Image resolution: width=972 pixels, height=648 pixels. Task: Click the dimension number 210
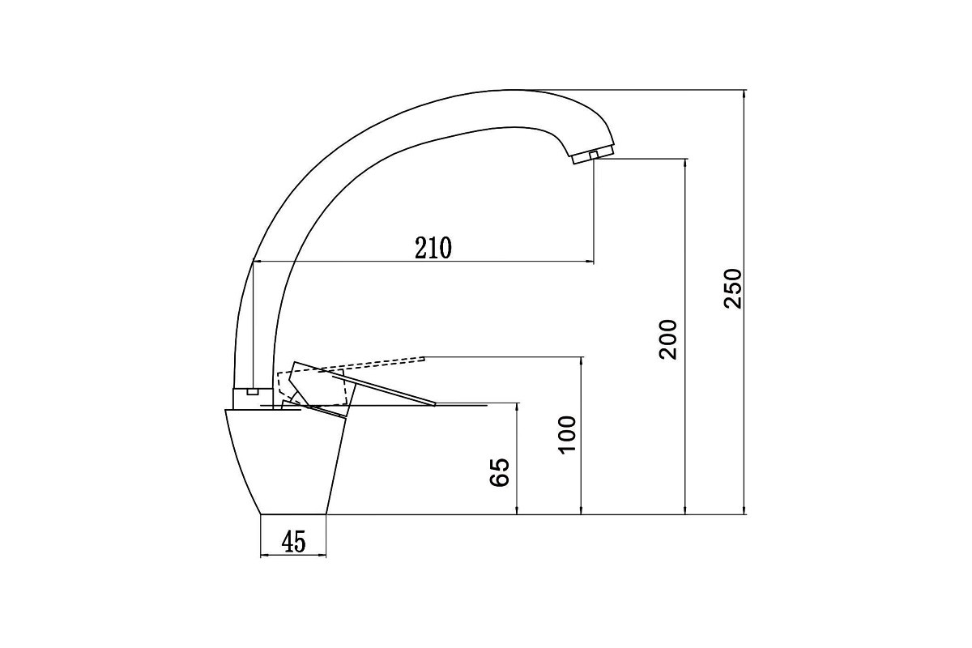(x=433, y=248)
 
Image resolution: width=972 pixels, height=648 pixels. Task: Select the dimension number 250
(x=733, y=288)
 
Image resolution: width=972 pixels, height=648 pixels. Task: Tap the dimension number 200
(x=667, y=339)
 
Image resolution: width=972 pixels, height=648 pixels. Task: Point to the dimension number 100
(x=567, y=435)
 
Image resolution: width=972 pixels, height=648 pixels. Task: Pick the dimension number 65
(x=499, y=472)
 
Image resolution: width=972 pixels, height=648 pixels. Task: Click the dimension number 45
(x=294, y=542)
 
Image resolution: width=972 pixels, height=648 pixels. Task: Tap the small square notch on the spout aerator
(x=594, y=155)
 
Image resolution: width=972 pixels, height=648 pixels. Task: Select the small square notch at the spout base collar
(x=252, y=392)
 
